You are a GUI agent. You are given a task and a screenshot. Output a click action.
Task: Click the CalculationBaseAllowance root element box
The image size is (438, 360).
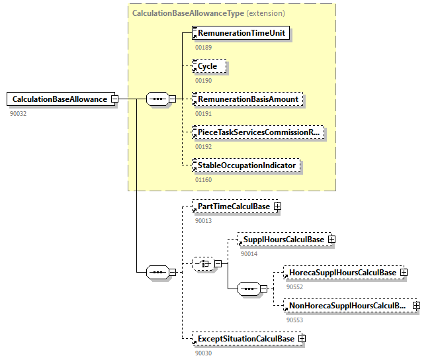[x=58, y=99]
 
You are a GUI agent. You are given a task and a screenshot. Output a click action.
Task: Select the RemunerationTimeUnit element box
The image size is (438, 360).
[x=241, y=32]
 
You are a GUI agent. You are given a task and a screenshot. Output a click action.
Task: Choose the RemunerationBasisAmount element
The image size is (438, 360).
[x=247, y=99]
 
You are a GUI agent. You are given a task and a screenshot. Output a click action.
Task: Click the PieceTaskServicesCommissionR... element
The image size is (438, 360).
[x=258, y=132]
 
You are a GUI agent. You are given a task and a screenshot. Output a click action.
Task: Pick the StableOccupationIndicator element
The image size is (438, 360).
[x=246, y=165]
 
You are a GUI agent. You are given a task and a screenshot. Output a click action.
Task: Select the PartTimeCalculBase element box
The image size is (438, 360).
[x=233, y=206]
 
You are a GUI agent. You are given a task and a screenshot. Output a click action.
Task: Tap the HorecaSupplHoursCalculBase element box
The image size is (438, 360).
[x=341, y=272]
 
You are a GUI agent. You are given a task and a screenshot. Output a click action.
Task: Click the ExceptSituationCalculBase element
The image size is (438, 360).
[x=244, y=339]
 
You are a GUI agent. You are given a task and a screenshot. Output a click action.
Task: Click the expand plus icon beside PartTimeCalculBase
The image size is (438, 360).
[x=278, y=206]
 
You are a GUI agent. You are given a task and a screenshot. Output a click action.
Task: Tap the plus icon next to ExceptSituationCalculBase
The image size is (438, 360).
[x=302, y=339]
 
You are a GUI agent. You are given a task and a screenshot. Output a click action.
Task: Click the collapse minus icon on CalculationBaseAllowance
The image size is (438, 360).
[x=114, y=99]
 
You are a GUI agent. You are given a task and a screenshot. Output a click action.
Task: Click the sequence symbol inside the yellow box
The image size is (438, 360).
[x=157, y=99]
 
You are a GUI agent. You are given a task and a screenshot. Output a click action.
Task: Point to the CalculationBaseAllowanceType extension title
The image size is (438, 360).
[x=208, y=13]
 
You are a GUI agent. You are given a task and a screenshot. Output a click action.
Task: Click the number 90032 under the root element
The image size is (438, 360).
[x=18, y=113]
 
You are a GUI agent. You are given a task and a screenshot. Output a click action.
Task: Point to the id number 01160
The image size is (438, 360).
[x=203, y=179]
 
